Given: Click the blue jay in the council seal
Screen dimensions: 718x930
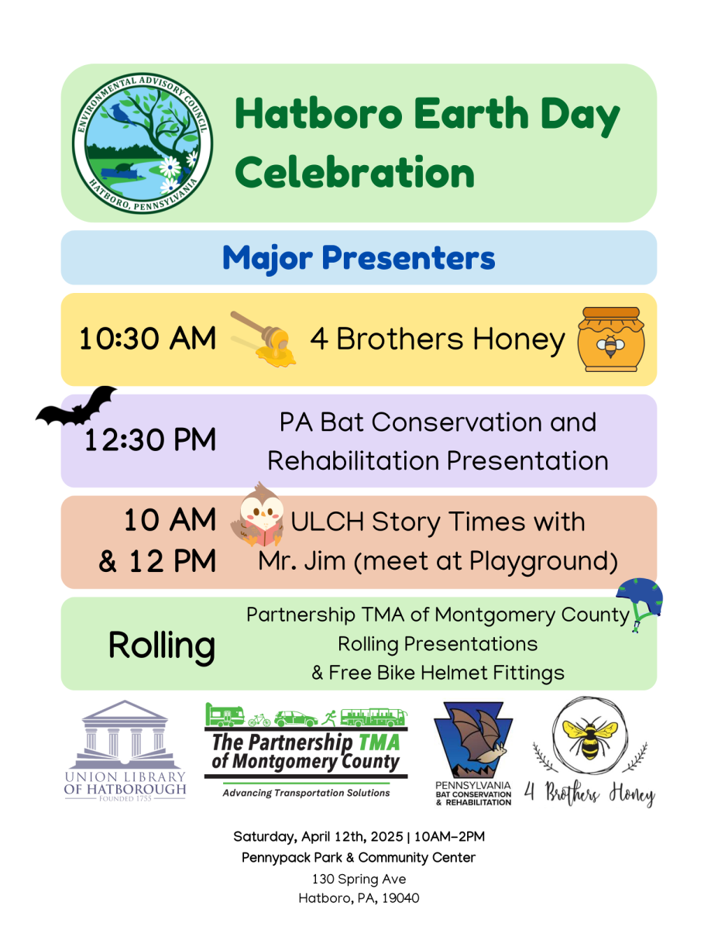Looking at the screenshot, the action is [122, 114].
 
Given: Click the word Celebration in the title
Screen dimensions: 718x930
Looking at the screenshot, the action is [355, 173].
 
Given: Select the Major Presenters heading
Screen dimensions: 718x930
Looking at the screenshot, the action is [359, 258].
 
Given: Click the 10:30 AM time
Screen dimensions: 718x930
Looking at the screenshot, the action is [147, 339].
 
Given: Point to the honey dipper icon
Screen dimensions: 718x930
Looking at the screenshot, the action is [263, 339].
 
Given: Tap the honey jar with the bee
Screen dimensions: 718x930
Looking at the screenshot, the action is [610, 339].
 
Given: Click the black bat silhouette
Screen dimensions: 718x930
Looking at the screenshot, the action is [76, 406].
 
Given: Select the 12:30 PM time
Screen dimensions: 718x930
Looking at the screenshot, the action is [150, 439].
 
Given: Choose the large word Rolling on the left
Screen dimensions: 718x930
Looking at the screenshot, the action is [162, 646].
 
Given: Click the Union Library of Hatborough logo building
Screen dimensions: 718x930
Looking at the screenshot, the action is [125, 735].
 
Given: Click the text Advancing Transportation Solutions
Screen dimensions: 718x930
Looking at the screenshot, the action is [306, 793].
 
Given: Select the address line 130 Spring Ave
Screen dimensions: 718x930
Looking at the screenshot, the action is [359, 879].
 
